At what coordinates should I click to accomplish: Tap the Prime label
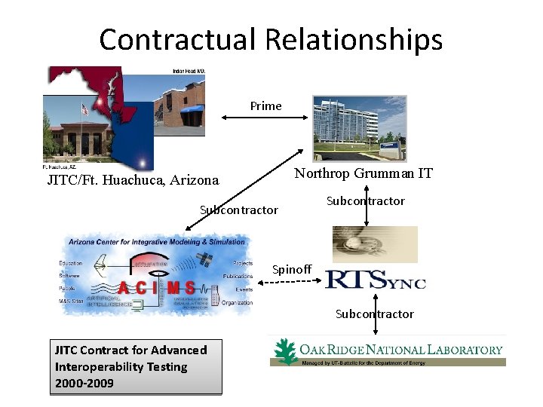click(265, 106)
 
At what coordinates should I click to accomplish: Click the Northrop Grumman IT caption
click(364, 173)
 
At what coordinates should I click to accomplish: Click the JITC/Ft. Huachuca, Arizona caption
click(133, 180)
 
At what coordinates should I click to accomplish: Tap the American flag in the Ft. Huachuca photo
click(84, 109)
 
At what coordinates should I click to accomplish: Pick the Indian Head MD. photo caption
click(189, 72)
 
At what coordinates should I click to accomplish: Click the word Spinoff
click(291, 269)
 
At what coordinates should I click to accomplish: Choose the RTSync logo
click(376, 280)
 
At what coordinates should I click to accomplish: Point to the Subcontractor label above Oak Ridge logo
click(375, 314)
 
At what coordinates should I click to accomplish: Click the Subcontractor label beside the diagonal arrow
click(238, 210)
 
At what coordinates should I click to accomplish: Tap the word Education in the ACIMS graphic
click(71, 263)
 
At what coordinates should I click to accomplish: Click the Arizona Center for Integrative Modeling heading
click(157, 242)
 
